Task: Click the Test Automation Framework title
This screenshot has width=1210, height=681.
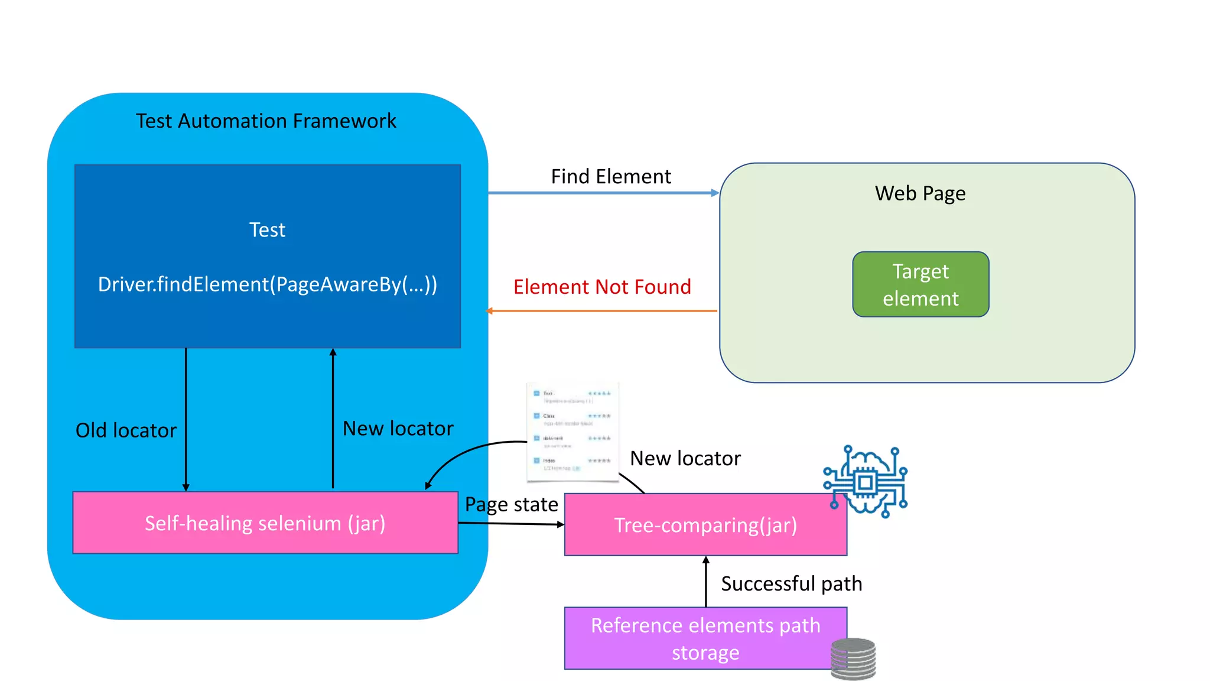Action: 266,121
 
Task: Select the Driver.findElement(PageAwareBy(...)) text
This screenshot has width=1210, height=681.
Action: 267,284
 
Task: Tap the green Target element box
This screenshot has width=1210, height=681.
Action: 920,284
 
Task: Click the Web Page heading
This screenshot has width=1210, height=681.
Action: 920,193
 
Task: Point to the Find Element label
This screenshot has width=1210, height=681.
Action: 610,176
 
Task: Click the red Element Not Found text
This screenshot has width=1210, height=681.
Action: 601,287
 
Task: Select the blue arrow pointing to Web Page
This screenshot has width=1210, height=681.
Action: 603,193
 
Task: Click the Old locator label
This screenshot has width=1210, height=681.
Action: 126,430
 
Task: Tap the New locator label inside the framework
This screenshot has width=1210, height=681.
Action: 398,428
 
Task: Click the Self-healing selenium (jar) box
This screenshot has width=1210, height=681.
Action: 265,523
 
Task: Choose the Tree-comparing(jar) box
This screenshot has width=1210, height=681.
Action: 705,525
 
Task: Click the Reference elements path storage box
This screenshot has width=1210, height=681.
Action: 705,638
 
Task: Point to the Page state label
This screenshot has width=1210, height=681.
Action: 511,504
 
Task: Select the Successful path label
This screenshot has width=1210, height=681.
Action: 791,583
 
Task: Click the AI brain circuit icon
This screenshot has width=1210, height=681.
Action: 866,481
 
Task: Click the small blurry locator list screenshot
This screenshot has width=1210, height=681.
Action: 572,432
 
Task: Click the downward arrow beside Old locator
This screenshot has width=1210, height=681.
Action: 186,420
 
